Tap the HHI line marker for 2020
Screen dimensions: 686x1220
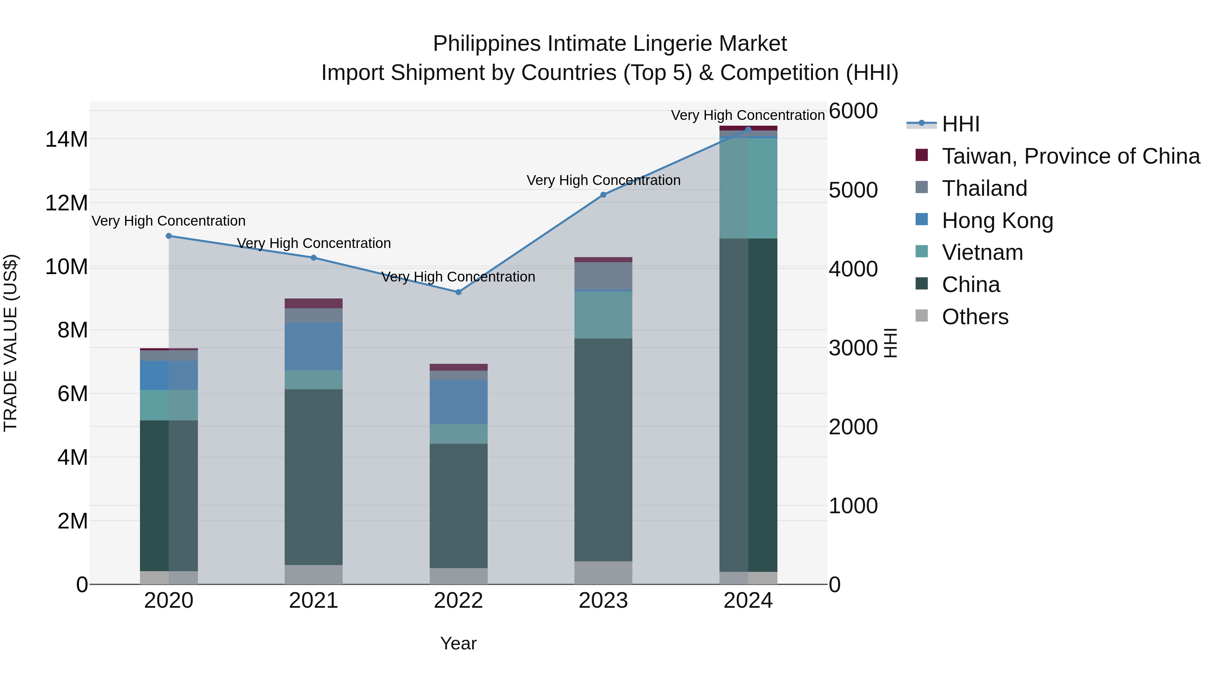169,236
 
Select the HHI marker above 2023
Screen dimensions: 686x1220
603,194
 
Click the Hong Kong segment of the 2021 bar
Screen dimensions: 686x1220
313,346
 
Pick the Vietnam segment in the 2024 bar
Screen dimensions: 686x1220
748,188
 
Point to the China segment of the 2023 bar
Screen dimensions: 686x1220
603,450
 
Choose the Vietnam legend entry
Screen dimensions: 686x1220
982,252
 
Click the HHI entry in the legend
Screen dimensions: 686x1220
960,124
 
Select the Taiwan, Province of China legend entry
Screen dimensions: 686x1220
1070,156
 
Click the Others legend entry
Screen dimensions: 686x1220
975,317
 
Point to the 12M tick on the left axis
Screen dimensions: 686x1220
66,203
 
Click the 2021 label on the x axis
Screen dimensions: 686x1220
313,601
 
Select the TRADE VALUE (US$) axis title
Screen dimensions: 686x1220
11,343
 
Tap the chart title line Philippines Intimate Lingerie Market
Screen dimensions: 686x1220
610,44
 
